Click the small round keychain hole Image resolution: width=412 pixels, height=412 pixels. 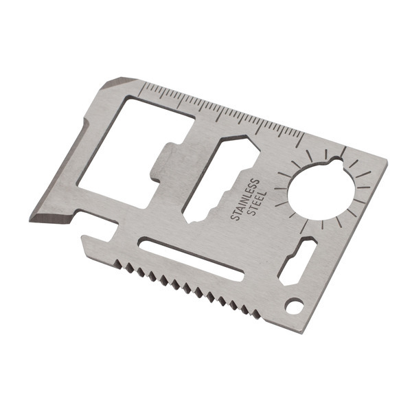click(295, 306)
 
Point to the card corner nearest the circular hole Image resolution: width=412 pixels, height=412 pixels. click(385, 165)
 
